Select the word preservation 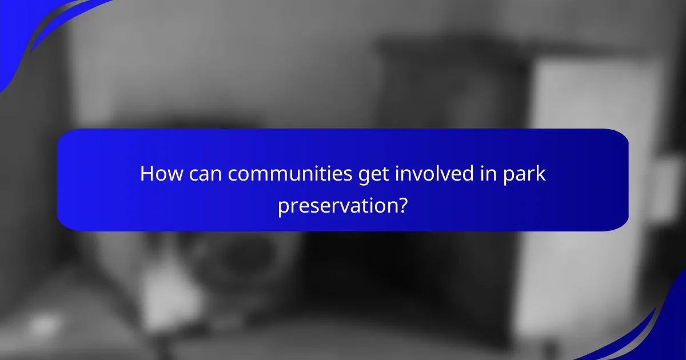pos(338,205)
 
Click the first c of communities pos(232,175)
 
